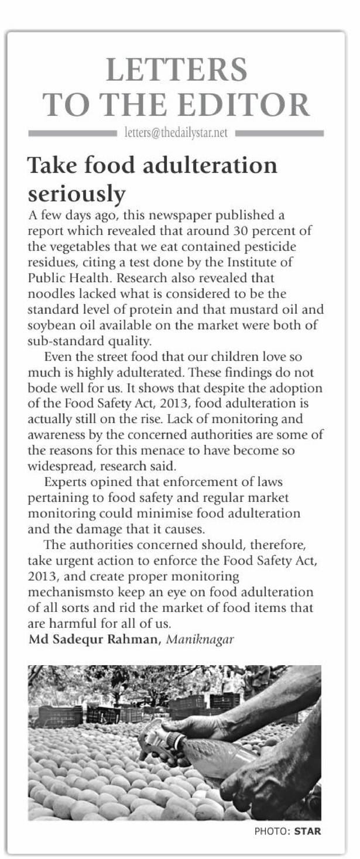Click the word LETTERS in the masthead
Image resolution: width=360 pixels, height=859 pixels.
(177, 70)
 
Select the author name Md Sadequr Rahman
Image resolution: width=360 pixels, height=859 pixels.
(94, 639)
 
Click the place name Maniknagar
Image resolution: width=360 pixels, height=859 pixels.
(200, 639)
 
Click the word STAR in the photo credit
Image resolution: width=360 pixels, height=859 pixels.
(308, 831)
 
